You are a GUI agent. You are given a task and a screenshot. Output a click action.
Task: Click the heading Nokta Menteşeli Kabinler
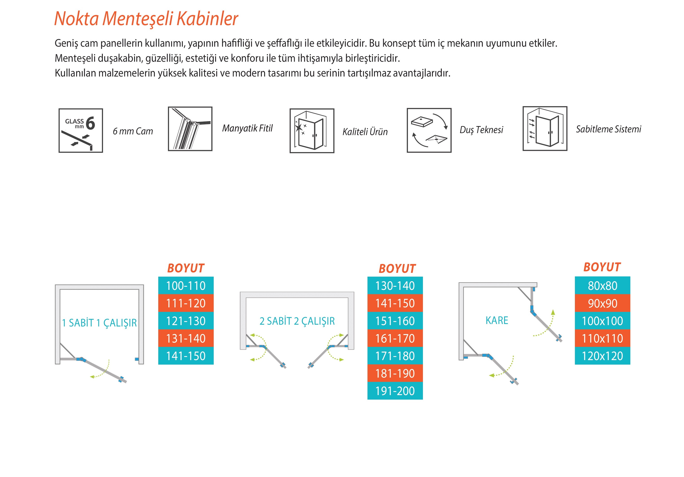pos(146,19)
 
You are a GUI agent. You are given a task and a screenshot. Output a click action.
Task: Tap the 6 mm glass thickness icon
pos(81,130)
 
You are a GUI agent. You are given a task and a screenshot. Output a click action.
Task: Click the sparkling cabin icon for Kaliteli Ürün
pos(312,131)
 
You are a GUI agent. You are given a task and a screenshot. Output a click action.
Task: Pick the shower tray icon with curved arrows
pos(429,130)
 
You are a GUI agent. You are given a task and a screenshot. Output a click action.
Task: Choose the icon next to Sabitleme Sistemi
pos(545,129)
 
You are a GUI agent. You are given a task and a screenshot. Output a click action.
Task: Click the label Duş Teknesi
pos(481,130)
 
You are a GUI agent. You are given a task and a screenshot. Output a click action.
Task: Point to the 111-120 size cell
pos(186,303)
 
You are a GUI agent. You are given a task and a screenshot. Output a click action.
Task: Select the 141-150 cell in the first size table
pos(186,356)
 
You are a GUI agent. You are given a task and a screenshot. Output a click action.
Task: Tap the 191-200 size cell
pos(395,391)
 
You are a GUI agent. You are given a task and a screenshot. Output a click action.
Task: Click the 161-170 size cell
pos(395,338)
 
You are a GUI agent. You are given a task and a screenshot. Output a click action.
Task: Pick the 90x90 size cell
pos(602,303)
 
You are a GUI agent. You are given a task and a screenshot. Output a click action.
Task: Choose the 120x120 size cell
pos(602,356)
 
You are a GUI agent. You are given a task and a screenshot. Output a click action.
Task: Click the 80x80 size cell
pos(602,286)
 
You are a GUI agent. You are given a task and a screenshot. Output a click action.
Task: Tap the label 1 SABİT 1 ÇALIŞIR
pos(99,323)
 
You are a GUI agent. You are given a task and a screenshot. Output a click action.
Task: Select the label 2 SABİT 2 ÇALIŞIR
pos(297,321)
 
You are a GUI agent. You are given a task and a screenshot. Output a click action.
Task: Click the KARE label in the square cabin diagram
pos(497,320)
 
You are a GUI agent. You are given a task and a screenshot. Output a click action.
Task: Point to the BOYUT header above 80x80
pos(602,267)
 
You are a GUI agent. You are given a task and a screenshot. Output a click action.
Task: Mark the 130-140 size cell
pos(395,286)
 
